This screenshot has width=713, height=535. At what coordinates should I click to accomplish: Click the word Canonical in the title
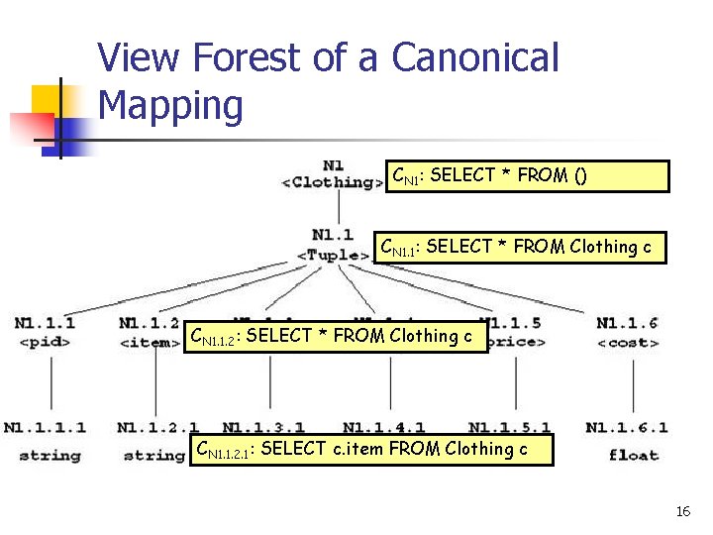tap(475, 58)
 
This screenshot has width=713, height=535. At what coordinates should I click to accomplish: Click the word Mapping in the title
tap(170, 106)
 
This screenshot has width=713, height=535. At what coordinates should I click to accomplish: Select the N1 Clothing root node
tap(334, 174)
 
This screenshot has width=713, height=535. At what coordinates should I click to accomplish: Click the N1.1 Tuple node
tap(333, 245)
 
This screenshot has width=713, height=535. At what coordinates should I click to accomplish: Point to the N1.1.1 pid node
tap(46, 333)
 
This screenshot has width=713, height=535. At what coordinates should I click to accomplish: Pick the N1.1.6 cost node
tap(627, 333)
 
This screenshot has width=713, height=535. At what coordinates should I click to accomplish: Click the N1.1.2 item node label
tap(149, 333)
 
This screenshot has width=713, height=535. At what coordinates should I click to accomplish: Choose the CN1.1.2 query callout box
tap(336, 337)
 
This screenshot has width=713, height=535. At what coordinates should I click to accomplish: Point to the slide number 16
tap(682, 511)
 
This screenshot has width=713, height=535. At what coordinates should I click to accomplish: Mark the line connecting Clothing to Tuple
tap(339, 208)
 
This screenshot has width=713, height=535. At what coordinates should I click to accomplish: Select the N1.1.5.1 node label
tap(509, 428)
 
